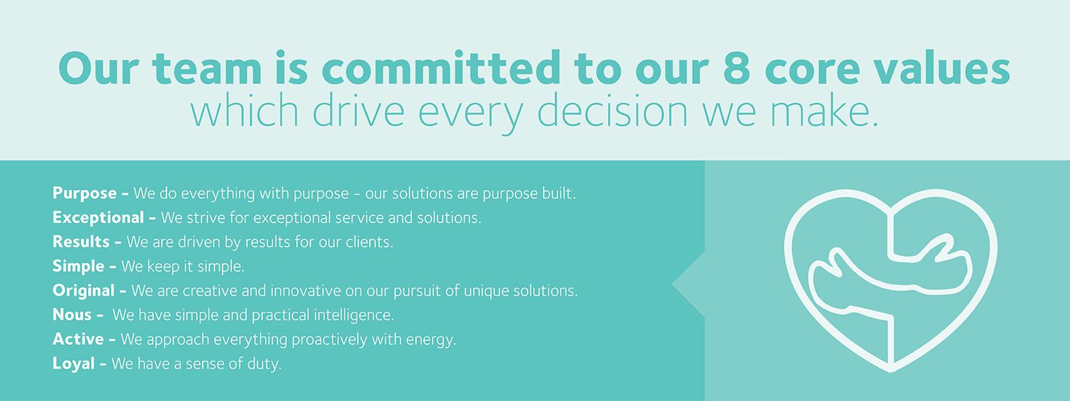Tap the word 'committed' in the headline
[x=441, y=68]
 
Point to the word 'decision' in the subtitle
[x=613, y=110]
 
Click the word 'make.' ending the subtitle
[x=825, y=110]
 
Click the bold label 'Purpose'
[x=84, y=193]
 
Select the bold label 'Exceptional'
[x=98, y=217]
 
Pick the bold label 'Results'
[x=81, y=241]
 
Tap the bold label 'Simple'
[x=78, y=266]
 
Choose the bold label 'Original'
[x=84, y=290]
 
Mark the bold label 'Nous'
[x=72, y=315]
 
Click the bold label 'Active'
[x=78, y=339]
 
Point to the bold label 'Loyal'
[x=74, y=364]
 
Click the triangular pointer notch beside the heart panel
[x=689, y=284]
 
